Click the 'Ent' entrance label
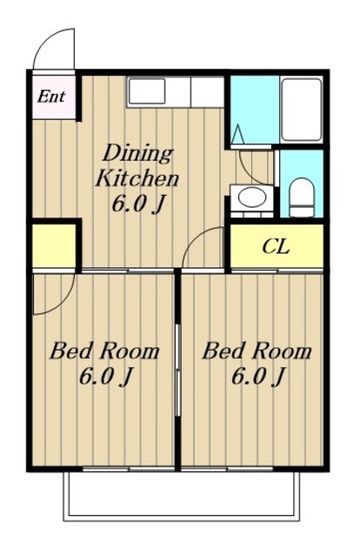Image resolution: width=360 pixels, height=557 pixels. [x=51, y=97]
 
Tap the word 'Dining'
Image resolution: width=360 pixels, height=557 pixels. [x=137, y=154]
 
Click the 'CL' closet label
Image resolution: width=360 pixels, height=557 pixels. [x=276, y=246]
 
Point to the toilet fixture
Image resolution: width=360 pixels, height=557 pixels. [x=302, y=198]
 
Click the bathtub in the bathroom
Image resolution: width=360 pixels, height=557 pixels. [x=302, y=111]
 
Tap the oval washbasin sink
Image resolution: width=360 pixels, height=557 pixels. [x=251, y=197]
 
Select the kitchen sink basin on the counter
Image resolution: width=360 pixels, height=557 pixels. [x=147, y=91]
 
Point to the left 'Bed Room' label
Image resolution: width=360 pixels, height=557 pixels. [x=104, y=352]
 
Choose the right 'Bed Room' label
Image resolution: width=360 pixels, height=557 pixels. [x=257, y=352]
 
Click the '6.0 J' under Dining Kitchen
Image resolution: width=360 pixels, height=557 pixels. [x=139, y=205]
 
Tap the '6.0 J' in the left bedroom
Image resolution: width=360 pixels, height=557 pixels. [x=105, y=377]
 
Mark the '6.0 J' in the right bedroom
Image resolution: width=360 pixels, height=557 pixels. [x=258, y=377]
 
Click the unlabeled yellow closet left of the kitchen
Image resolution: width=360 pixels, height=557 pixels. [x=54, y=245]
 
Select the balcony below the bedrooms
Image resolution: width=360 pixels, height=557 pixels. [x=182, y=495]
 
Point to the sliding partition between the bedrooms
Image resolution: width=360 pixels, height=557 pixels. [x=178, y=369]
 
